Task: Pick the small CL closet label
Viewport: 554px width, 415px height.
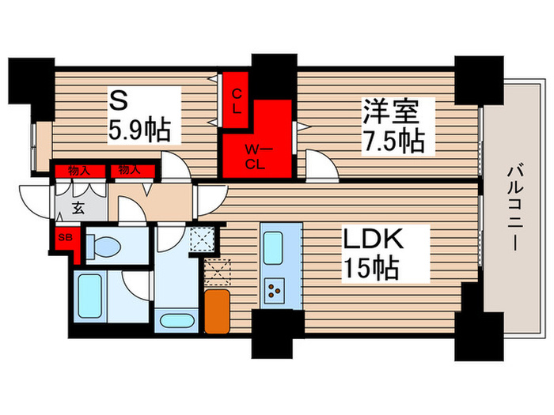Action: [237, 101]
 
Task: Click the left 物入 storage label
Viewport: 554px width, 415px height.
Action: [78, 169]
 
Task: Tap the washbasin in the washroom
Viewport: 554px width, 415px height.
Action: [173, 322]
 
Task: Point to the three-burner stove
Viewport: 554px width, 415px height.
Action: [278, 290]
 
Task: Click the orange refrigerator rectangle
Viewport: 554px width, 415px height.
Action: [216, 311]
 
